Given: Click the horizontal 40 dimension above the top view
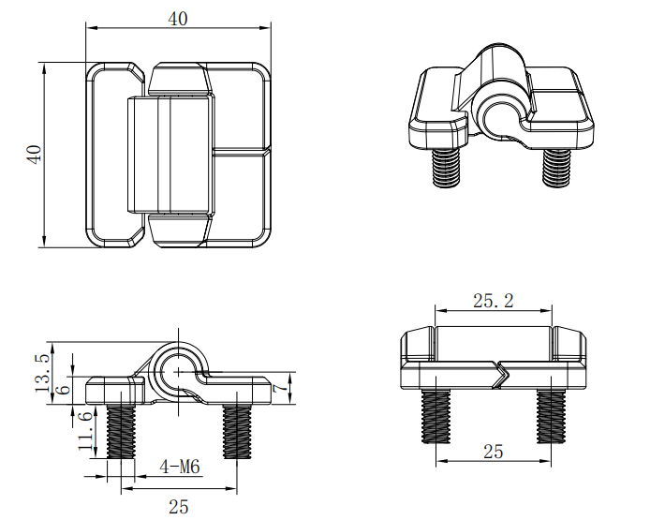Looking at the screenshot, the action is click(178, 19).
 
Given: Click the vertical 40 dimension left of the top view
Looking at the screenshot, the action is click(35, 155).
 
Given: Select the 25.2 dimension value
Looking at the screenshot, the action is click(494, 300).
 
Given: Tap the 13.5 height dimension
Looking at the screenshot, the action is click(42, 372).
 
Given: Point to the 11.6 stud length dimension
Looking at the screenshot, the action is click(85, 431).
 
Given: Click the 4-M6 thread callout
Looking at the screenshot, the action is click(180, 468).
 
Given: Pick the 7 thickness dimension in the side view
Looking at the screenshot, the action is click(281, 388).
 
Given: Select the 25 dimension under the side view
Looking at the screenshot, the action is click(179, 507).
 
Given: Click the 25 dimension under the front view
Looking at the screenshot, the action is click(494, 452).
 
